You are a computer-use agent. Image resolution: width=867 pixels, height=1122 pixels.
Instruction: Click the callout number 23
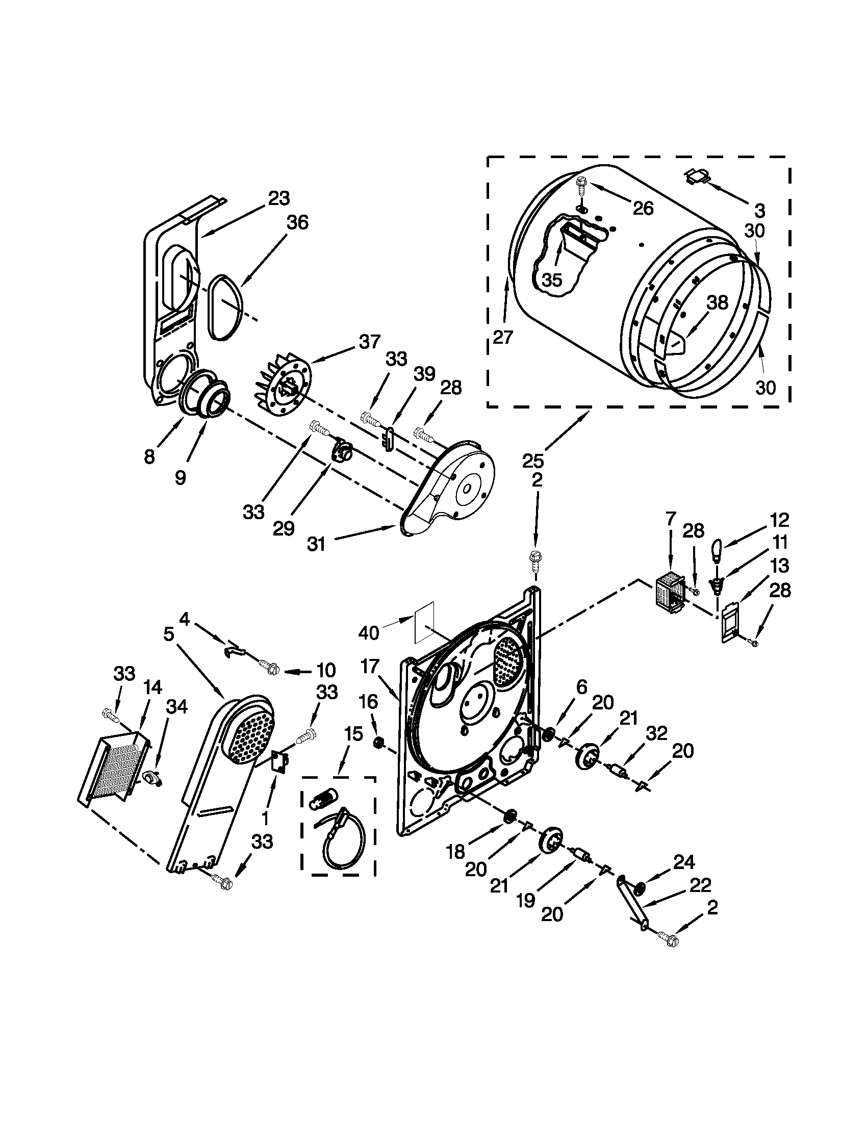(279, 198)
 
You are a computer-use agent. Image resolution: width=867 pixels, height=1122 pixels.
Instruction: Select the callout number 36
(297, 222)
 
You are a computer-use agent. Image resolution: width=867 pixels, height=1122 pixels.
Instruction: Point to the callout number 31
(316, 544)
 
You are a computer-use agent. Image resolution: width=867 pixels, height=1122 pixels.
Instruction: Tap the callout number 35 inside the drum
(552, 280)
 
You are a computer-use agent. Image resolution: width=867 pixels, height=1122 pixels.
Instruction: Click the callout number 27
(503, 337)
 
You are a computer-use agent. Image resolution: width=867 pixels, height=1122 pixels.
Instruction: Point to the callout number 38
(717, 302)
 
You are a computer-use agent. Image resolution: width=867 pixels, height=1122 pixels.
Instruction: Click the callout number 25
(532, 461)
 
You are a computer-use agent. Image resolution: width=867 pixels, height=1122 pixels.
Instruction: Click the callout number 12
(779, 520)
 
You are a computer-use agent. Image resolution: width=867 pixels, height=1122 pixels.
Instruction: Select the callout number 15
(353, 734)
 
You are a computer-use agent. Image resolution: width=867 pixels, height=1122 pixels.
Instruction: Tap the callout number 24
(683, 861)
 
